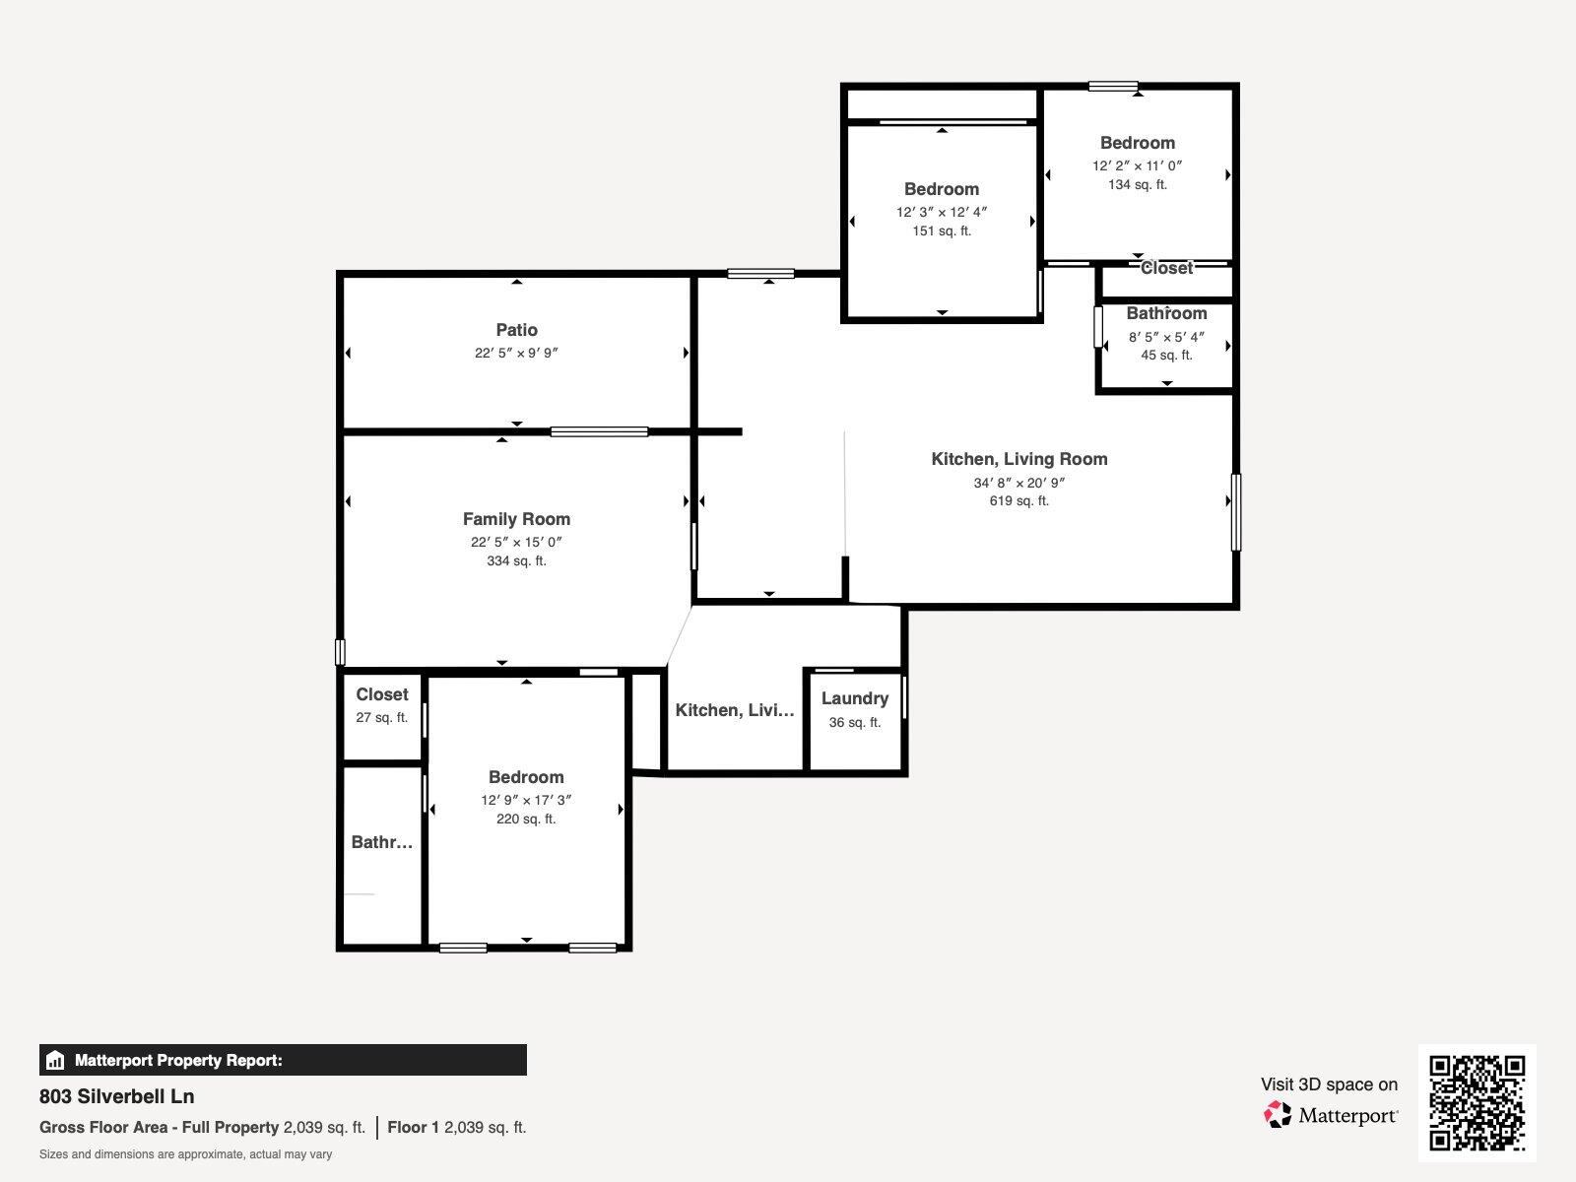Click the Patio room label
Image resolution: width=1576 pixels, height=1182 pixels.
[x=516, y=330]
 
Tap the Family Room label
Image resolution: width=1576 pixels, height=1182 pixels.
[x=516, y=519]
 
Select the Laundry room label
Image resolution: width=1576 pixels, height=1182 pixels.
[x=854, y=698]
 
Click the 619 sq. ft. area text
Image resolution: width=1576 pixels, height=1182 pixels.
[x=1018, y=501]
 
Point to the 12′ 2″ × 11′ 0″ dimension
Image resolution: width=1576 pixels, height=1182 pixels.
[x=1137, y=166]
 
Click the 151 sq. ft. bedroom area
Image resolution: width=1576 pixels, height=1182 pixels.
[x=942, y=231]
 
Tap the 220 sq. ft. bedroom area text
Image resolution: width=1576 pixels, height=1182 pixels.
[x=526, y=820]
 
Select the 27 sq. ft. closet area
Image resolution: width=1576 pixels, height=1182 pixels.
[x=381, y=718]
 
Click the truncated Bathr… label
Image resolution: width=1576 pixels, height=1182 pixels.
[x=381, y=842]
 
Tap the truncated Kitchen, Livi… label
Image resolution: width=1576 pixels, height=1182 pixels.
[x=734, y=710]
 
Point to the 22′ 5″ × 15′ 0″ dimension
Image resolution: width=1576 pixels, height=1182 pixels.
[x=516, y=543]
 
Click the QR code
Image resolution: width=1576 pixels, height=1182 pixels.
[x=1477, y=1103]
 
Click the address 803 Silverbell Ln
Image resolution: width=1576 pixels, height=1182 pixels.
[x=117, y=1096]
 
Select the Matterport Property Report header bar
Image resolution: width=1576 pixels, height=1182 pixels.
[x=283, y=1060]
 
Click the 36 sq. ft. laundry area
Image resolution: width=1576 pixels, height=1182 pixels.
[x=854, y=723]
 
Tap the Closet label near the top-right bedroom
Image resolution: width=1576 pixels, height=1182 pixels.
[x=1166, y=268]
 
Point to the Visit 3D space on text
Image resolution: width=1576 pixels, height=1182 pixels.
[x=1329, y=1084]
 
